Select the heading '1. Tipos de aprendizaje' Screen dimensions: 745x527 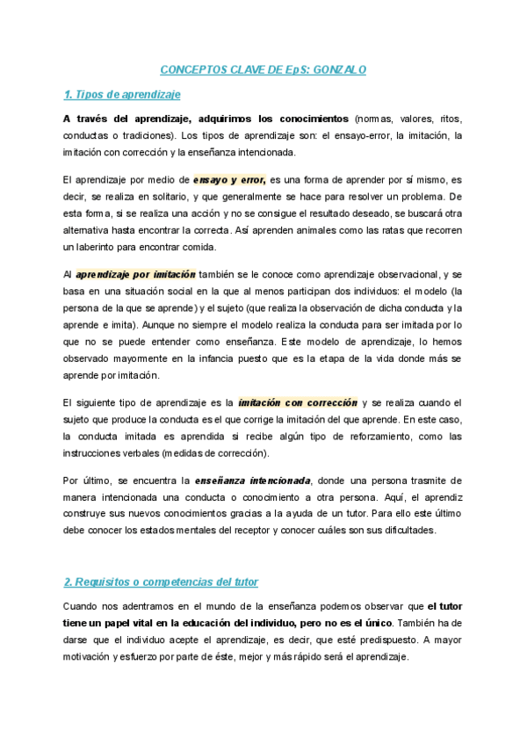coord(122,94)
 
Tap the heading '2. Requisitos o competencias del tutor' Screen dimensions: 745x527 coord(161,582)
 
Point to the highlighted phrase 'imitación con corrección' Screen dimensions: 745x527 coord(298,402)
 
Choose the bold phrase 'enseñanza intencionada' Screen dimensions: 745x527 coord(253,481)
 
